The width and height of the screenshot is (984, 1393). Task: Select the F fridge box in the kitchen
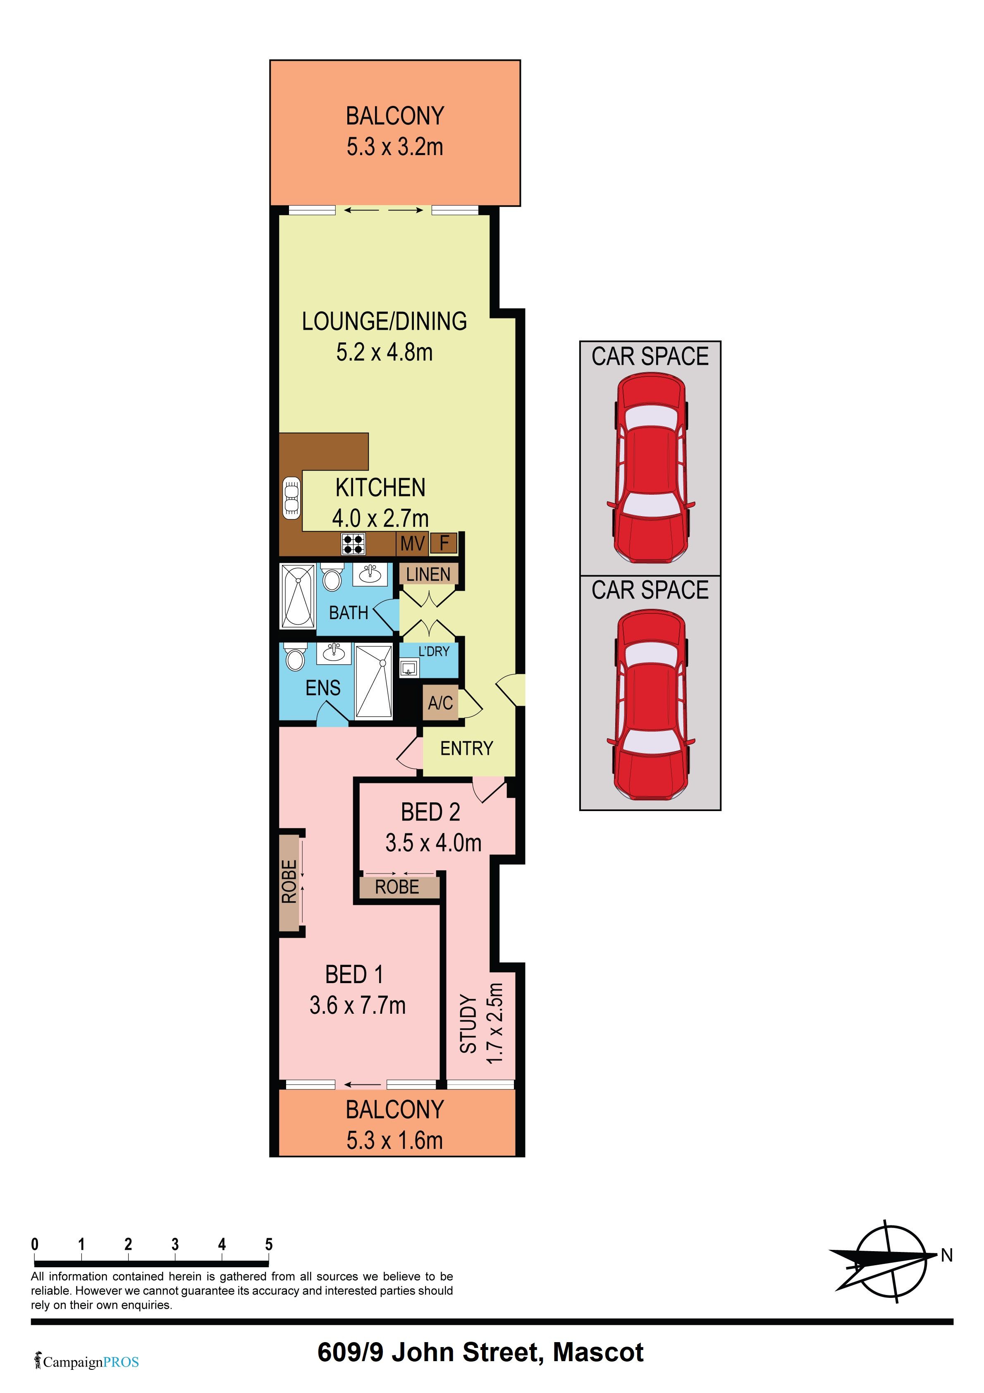tap(444, 543)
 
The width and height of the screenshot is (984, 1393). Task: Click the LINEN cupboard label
tap(428, 574)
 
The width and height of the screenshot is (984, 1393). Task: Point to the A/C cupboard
tap(440, 703)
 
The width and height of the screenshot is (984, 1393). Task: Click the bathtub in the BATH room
tap(298, 596)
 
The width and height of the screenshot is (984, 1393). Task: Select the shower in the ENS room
tap(374, 682)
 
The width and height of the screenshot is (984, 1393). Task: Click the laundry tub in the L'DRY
tap(409, 668)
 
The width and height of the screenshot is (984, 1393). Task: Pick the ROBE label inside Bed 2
tap(397, 887)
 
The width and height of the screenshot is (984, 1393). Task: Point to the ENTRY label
tap(466, 749)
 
